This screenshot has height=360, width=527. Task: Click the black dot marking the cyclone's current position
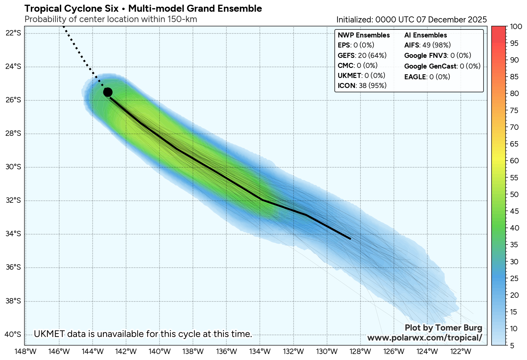(x=108, y=92)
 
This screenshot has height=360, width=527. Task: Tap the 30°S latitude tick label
(x=13, y=167)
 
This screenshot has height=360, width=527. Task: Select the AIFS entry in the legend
(x=427, y=45)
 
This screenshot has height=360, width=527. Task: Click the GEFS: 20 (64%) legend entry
(x=362, y=56)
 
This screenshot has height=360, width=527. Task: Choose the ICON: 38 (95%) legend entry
(x=362, y=86)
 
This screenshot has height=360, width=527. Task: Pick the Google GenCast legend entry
(x=442, y=66)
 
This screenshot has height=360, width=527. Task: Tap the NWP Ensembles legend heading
(x=364, y=35)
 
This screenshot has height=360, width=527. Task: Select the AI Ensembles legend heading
(x=425, y=35)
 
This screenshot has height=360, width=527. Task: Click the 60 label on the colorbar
(x=514, y=161)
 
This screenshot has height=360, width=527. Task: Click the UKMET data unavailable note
(x=143, y=334)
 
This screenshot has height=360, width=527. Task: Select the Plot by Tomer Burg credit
(x=443, y=328)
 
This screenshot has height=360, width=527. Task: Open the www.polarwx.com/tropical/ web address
(x=425, y=338)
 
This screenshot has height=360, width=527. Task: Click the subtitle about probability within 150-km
(x=111, y=19)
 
